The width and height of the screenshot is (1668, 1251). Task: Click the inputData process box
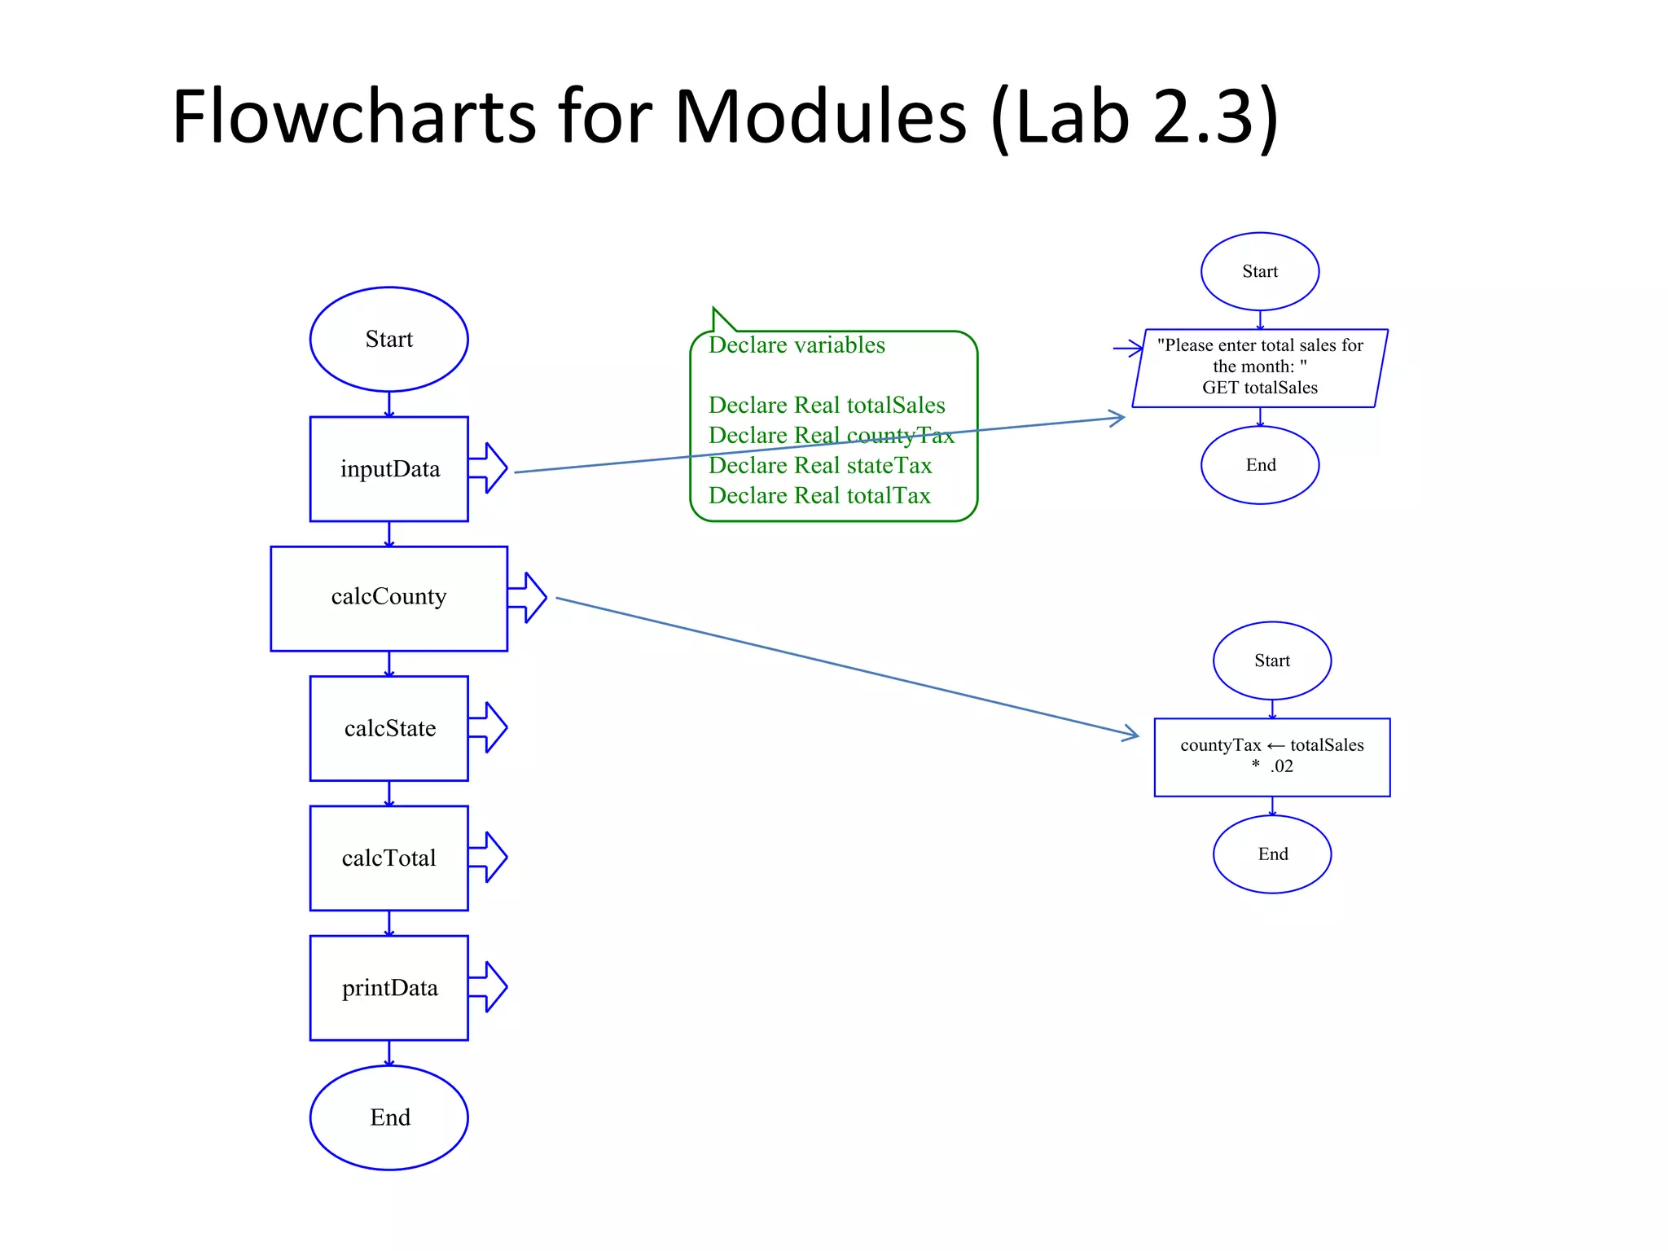[x=388, y=469]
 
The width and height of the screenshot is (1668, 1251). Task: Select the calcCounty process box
[x=388, y=598]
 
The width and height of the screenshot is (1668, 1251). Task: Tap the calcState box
[x=388, y=728]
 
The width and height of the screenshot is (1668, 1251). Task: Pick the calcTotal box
[x=388, y=858]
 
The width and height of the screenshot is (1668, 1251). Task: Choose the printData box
[x=388, y=988]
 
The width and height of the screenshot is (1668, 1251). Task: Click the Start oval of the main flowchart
[x=388, y=339]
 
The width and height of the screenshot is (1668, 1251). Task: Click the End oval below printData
[x=388, y=1117]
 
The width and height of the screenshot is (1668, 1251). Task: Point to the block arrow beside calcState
[x=489, y=727]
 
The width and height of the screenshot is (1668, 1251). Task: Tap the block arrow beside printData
[x=489, y=987]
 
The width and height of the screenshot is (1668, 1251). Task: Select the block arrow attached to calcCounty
[x=528, y=598]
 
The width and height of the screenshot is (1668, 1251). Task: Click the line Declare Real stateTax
[x=819, y=466]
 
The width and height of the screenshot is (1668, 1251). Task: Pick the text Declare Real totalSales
[x=826, y=406]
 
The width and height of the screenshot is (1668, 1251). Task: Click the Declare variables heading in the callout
[x=797, y=345]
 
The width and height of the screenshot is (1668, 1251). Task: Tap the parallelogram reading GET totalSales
[x=1259, y=368]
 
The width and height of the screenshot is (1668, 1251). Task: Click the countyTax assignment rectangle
[x=1271, y=757]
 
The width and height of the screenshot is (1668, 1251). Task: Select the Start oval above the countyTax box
[x=1271, y=661]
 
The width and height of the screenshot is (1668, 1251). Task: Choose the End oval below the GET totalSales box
[x=1259, y=465]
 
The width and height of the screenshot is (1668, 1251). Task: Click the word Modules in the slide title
[x=819, y=116]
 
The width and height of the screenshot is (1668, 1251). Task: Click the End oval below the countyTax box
[x=1271, y=854]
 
